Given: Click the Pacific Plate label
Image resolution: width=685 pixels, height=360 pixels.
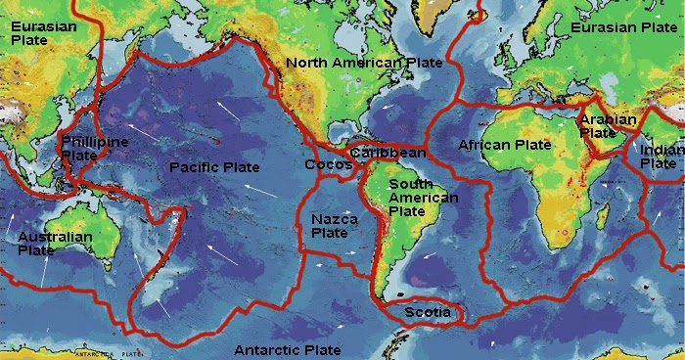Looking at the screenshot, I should (213, 168).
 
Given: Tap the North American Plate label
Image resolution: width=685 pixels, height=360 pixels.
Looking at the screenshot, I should (364, 63).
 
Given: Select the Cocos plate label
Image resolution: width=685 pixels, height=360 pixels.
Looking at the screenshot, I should (328, 165).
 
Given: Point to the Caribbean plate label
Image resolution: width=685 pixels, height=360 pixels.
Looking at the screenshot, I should (388, 153).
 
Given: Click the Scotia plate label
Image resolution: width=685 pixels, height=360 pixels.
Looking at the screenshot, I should (429, 313).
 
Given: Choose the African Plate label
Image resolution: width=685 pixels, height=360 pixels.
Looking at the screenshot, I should (505, 145).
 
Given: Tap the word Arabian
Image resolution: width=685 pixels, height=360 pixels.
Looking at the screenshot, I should (608, 120).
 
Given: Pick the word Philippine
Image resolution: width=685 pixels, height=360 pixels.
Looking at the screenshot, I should (95, 143).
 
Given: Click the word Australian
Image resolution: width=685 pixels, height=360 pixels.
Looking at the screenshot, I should (55, 238).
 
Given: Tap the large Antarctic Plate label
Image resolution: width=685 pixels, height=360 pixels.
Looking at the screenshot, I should (288, 350).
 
